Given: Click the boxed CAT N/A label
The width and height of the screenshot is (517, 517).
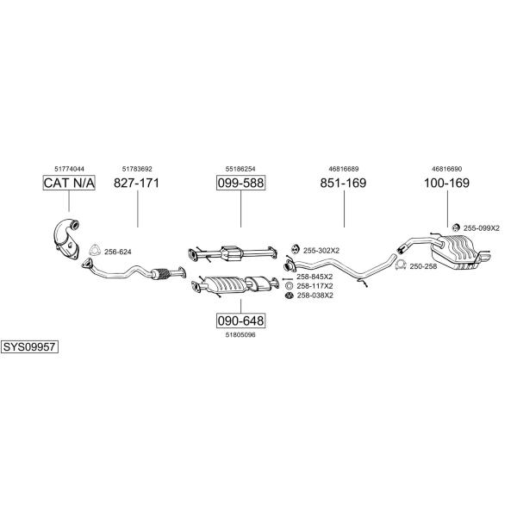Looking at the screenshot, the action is (x=69, y=183).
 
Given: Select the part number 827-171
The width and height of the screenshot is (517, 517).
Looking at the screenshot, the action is (x=136, y=183).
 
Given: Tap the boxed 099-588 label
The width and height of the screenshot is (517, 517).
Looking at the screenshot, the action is (x=240, y=183).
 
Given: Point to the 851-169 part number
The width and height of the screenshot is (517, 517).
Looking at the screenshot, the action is (x=343, y=183).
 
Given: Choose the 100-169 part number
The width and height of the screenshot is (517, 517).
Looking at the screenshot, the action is (x=446, y=183).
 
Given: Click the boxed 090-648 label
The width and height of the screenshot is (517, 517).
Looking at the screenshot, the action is (x=240, y=321).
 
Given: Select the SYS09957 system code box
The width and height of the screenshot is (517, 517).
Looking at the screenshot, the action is (x=29, y=347).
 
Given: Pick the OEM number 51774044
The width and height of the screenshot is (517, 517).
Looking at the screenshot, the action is (x=69, y=169).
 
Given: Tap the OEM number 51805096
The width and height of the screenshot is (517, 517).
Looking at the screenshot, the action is (x=240, y=335).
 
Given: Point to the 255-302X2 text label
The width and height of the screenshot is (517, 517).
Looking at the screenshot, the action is (x=321, y=251).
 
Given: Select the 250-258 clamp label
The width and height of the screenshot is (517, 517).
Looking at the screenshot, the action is (x=423, y=266).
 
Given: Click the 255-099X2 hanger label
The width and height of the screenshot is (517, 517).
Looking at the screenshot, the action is (x=482, y=228).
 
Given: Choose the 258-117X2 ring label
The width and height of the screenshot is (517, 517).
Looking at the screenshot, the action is (x=315, y=286).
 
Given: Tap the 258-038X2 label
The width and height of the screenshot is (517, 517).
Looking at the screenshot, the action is (x=315, y=296).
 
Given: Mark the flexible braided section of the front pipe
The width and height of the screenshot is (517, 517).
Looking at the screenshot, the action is (x=160, y=274).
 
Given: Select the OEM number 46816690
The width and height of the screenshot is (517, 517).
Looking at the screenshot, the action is (x=446, y=169).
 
